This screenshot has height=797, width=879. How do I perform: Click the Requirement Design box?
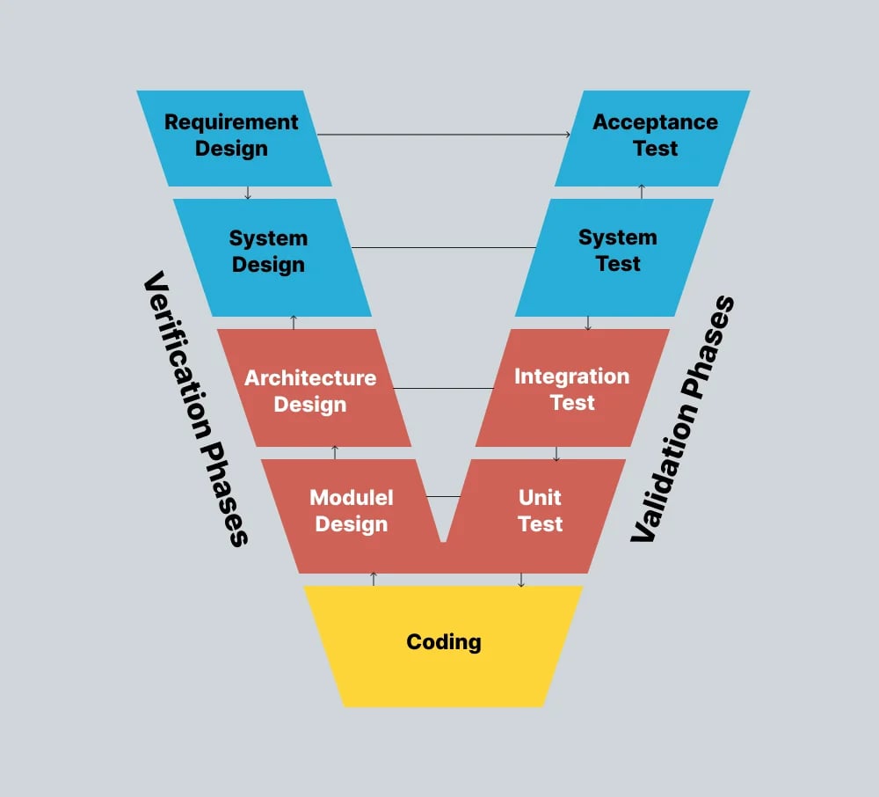pos(232,136)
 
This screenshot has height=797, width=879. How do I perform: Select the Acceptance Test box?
pos(655,135)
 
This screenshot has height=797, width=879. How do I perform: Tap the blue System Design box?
pos(268,252)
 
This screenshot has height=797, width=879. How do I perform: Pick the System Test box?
pos(617,251)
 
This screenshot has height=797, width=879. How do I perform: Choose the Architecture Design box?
pos(310,391)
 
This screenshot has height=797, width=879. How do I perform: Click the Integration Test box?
pos(571,389)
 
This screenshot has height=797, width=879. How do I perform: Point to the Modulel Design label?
pos(351,511)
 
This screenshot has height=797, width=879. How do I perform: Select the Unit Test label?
pos(540,510)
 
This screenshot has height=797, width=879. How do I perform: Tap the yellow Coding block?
pos(443,643)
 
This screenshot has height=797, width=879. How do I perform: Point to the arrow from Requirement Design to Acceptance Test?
pos(444,135)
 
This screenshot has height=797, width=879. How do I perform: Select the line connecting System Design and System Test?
pos(444,247)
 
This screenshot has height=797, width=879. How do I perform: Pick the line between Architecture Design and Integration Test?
pos(444,388)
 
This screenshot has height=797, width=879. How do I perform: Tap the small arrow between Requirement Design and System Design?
pos(248,193)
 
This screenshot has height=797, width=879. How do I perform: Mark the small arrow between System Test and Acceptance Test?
pos(641,192)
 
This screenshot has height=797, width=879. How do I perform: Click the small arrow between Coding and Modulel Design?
pos(374,579)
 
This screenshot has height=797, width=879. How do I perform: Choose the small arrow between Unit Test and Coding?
pos(521,580)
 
